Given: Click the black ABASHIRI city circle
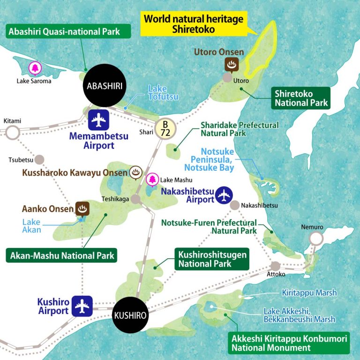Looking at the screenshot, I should coord(104,87).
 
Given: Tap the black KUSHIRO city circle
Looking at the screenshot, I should coord(130,314).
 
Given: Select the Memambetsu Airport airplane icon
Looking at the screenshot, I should coord(98,120).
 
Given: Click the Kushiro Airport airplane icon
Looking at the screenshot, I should coord(82,306).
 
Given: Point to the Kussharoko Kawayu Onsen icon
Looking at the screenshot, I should coord(135,172).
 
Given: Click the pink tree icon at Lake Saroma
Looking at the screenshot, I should coord(35,68).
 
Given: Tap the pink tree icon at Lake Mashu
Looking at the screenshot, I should coord(152,179).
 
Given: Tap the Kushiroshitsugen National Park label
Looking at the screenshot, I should coord(212,259).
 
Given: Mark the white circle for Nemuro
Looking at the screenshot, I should coord(316,239).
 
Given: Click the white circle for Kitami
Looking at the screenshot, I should coord(12,132).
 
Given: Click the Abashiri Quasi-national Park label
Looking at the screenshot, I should coord(69,32).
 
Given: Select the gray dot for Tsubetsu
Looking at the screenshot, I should coord(39,159).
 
